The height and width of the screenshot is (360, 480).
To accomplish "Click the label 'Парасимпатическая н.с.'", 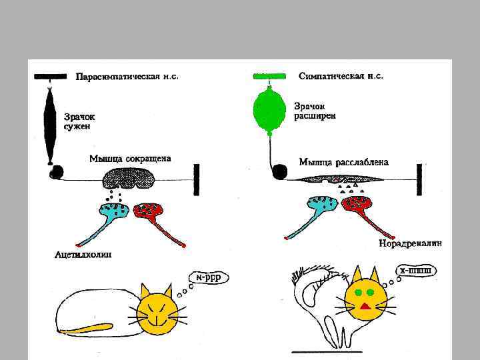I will pyautogui.click(x=127, y=77).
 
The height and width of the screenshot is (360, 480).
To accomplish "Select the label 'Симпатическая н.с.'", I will pyautogui.click(x=340, y=77).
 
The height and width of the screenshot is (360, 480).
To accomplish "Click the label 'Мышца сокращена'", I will pyautogui.click(x=130, y=159).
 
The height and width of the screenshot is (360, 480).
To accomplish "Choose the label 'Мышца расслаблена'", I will pyautogui.click(x=344, y=162).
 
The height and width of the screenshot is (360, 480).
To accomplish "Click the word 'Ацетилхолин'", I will pyautogui.click(x=83, y=254).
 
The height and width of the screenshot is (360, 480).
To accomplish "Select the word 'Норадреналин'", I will pyautogui.click(x=409, y=243).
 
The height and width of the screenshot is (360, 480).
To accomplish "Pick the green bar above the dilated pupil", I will pyautogui.click(x=270, y=76).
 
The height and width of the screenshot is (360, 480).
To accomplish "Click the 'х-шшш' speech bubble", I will pyautogui.click(x=417, y=271).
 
